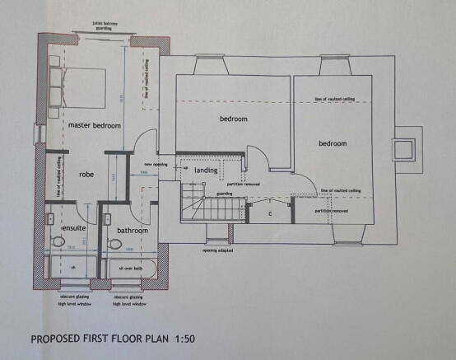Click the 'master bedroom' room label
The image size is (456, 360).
point(95,125)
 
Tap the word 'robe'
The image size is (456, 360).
point(87,175)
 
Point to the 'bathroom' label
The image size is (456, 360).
point(132,231)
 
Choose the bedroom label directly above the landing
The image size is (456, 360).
point(233,119)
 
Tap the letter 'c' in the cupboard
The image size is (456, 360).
point(270,215)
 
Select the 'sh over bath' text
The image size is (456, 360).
point(132,269)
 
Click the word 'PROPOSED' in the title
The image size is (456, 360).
point(61,339)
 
